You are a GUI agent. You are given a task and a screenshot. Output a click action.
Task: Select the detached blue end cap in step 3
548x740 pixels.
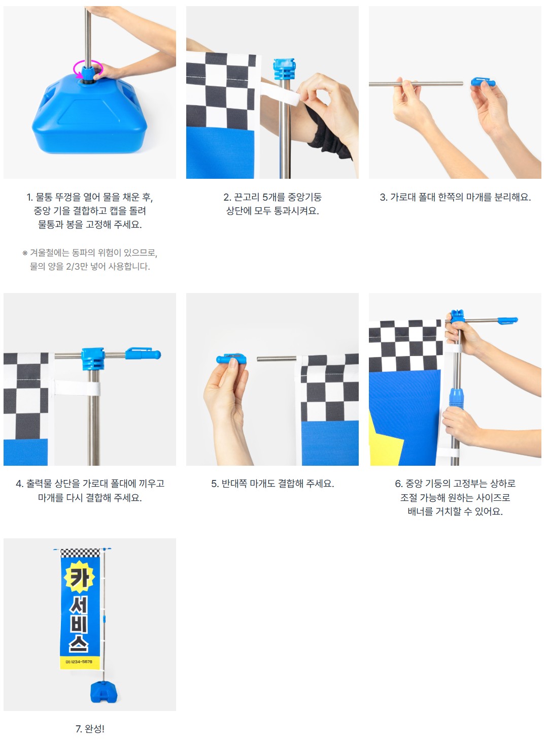click(483, 82)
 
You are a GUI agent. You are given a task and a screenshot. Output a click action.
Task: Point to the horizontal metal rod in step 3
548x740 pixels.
click(416, 84)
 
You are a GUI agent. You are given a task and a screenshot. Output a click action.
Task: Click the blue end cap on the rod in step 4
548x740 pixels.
click(143, 353)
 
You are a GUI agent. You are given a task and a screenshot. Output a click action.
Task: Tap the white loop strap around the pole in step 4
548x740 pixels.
click(77, 388)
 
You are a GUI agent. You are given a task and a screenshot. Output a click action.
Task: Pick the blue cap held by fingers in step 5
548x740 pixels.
click(231, 359)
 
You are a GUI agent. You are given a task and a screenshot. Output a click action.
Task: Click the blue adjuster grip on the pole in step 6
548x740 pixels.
click(456, 398)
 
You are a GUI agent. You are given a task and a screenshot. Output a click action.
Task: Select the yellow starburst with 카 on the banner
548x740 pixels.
click(79, 577)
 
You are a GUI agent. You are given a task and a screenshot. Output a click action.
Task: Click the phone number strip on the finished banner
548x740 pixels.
click(80, 662)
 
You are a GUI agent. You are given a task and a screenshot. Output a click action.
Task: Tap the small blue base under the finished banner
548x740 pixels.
click(104, 692)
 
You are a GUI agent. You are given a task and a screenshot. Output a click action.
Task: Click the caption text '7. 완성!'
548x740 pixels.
click(90, 729)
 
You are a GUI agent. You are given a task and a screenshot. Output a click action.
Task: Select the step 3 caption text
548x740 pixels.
click(455, 197)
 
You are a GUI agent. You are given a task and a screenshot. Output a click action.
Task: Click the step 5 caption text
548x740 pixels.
click(272, 484)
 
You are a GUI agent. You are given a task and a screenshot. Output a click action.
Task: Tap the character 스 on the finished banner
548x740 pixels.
click(79, 642)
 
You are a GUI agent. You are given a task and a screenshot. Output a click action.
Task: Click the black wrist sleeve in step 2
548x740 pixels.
click(328, 135)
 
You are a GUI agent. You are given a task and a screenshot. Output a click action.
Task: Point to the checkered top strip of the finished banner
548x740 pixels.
click(80, 553)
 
